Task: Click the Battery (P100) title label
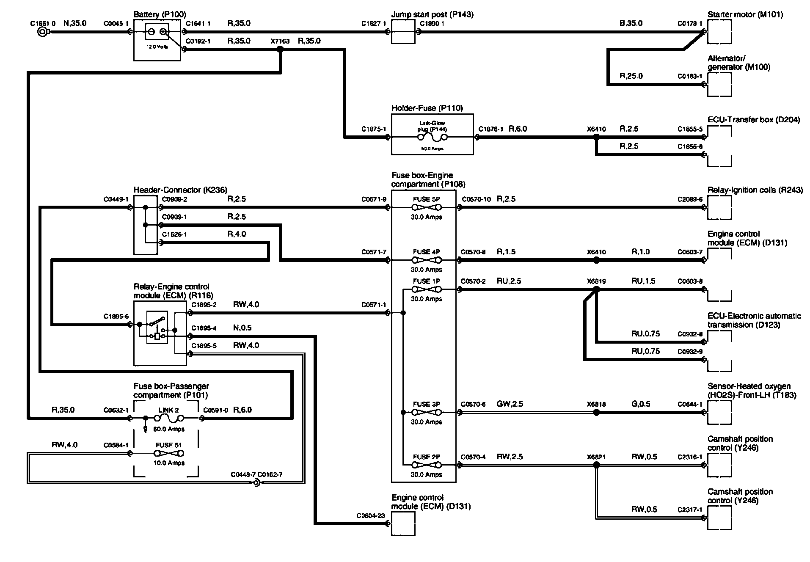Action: tap(160, 15)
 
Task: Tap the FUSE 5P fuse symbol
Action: tap(426, 207)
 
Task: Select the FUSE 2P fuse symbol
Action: tap(426, 465)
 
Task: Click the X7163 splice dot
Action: tap(280, 49)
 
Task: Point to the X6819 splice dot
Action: tap(596, 289)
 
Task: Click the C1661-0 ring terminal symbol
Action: tap(42, 32)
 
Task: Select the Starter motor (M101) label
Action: tap(745, 15)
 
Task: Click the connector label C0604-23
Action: tap(370, 515)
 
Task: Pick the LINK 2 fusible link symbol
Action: tap(169, 418)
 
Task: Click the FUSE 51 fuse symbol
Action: tap(169, 453)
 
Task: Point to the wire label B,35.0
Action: tap(631, 23)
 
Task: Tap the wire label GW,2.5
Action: tap(510, 404)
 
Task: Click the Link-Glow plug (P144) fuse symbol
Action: tap(432, 137)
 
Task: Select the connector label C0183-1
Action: tap(690, 76)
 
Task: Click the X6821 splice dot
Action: tap(596, 465)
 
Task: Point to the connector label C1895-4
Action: tap(204, 328)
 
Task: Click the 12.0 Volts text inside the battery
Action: tap(157, 47)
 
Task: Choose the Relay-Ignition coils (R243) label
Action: tap(755, 190)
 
